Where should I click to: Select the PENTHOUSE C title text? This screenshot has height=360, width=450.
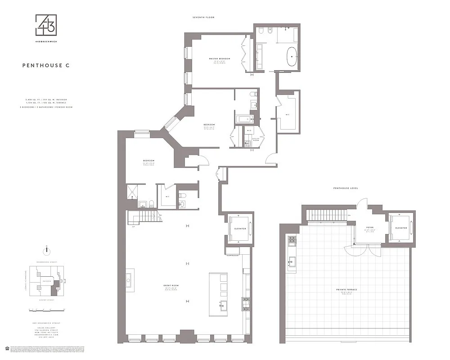click(46, 65)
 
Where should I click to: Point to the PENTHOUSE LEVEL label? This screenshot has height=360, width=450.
click(345, 188)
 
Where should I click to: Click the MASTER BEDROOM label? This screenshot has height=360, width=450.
click(219, 59)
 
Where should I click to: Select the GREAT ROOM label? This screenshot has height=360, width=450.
click(171, 285)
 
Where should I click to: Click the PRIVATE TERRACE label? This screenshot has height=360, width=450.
click(346, 289)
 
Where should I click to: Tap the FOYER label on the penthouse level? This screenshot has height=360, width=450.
click(370, 228)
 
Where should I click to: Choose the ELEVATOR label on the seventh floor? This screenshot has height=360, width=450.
click(240, 229)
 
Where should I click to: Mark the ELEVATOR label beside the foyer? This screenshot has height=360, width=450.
click(400, 228)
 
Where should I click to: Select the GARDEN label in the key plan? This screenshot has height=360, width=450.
click(46, 280)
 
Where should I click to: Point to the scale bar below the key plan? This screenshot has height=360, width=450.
click(46, 310)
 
